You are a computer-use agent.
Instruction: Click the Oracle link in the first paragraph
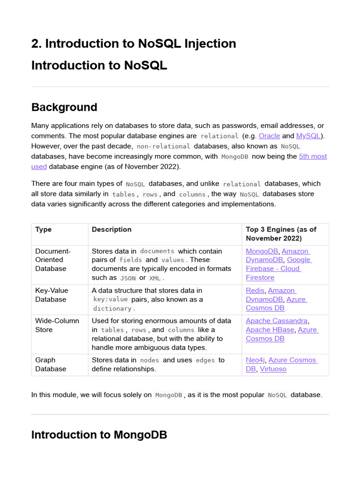click(x=269, y=136)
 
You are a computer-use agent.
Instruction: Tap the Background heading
click(x=64, y=107)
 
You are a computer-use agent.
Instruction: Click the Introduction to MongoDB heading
click(x=99, y=435)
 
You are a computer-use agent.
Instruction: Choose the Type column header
click(x=44, y=230)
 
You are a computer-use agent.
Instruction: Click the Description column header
click(x=112, y=230)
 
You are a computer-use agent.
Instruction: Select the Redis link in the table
click(x=255, y=291)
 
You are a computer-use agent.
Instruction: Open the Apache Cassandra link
click(x=277, y=321)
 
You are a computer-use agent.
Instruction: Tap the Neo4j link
click(x=255, y=360)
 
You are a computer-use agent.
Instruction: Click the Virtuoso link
click(x=273, y=369)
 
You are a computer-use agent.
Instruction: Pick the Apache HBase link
click(x=270, y=330)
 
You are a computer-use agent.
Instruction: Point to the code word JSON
click(x=128, y=278)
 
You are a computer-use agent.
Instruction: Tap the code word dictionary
click(x=112, y=308)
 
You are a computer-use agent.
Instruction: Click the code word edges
click(x=205, y=360)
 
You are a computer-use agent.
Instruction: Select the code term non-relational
click(x=163, y=146)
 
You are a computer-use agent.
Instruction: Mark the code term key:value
click(x=111, y=300)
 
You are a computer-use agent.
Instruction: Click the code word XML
click(x=155, y=278)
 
